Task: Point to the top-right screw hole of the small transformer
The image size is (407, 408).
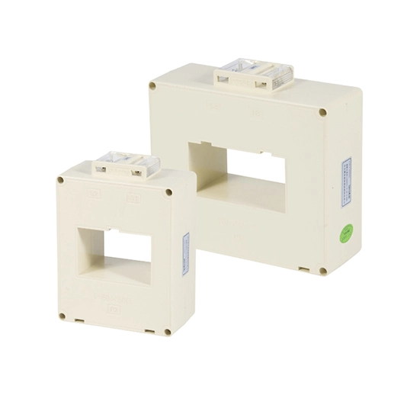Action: point(168,192)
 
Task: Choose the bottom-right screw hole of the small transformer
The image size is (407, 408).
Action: point(167,332)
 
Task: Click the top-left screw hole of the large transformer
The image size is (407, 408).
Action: point(154,86)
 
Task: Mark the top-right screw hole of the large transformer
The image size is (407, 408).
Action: point(322,112)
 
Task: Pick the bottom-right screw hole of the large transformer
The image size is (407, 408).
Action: point(322,271)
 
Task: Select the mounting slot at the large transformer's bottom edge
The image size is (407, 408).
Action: point(302,268)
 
